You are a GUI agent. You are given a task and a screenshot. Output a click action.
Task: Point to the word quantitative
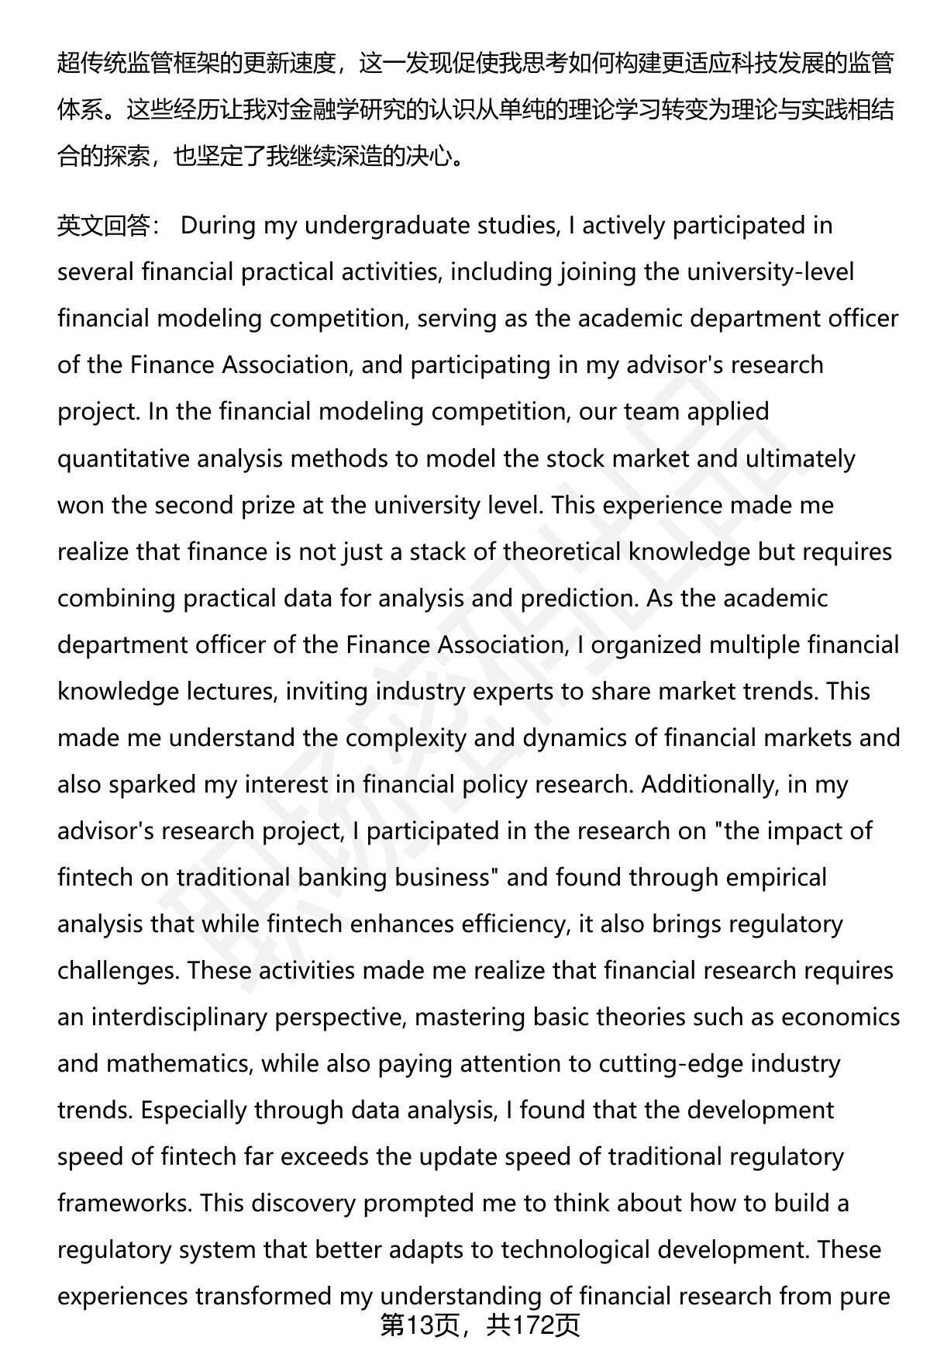tap(123, 458)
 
